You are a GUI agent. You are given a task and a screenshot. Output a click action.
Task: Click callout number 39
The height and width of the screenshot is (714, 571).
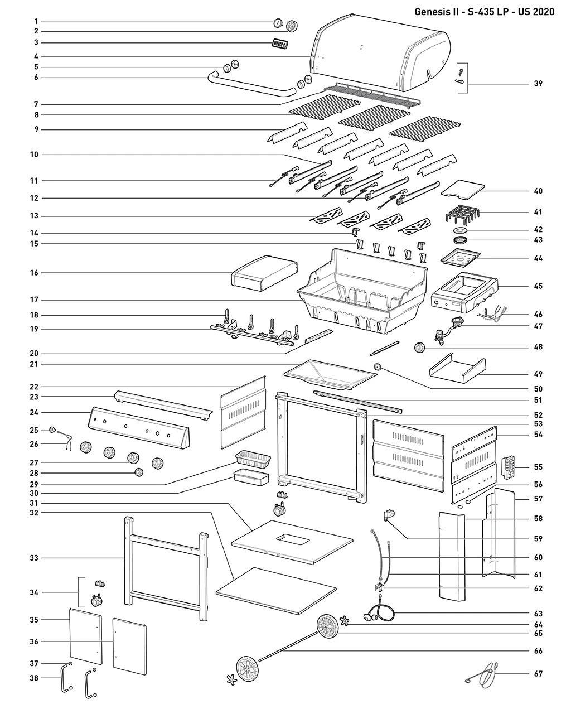(538, 84)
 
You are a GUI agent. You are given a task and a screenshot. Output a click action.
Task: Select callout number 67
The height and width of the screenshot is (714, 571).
(538, 674)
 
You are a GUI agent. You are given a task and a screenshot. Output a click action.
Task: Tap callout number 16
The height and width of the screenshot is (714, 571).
(35, 273)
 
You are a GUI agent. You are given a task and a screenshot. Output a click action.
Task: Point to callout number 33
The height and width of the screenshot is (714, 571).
(35, 557)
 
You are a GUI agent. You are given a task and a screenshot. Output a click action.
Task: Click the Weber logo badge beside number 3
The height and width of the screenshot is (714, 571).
(279, 44)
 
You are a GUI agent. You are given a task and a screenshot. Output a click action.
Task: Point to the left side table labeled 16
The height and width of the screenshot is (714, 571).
(262, 272)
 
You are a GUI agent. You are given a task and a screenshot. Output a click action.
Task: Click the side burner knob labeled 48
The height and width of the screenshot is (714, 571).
(420, 348)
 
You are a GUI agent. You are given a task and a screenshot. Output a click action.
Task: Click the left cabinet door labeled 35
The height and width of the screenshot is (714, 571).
(86, 640)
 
